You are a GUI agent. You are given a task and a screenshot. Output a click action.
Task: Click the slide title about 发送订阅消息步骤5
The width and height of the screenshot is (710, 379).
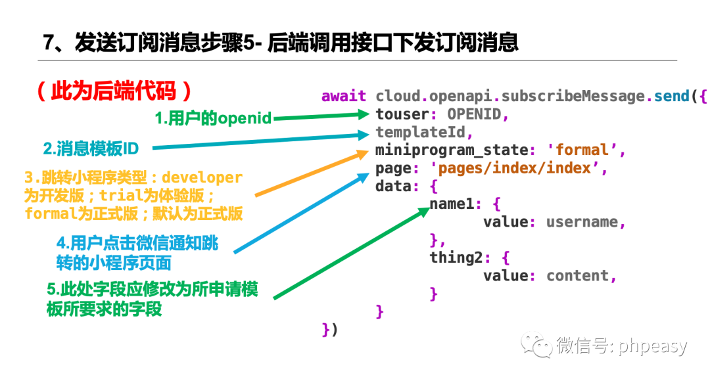(x=280, y=43)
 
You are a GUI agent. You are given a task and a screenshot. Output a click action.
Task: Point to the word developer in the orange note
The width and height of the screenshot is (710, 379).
(x=202, y=178)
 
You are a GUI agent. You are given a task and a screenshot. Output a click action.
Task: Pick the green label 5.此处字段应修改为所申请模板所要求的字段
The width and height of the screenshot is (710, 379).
(x=152, y=299)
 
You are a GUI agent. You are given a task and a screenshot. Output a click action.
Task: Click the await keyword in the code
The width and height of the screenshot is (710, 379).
(x=344, y=97)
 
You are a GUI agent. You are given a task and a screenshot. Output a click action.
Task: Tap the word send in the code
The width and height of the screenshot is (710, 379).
(x=672, y=97)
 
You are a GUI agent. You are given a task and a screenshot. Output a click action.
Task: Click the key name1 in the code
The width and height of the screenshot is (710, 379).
(x=452, y=204)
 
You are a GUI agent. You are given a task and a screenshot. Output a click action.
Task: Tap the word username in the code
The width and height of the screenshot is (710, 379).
(x=582, y=222)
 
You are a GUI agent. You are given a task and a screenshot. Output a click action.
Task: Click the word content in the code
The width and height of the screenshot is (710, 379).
(x=577, y=276)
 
